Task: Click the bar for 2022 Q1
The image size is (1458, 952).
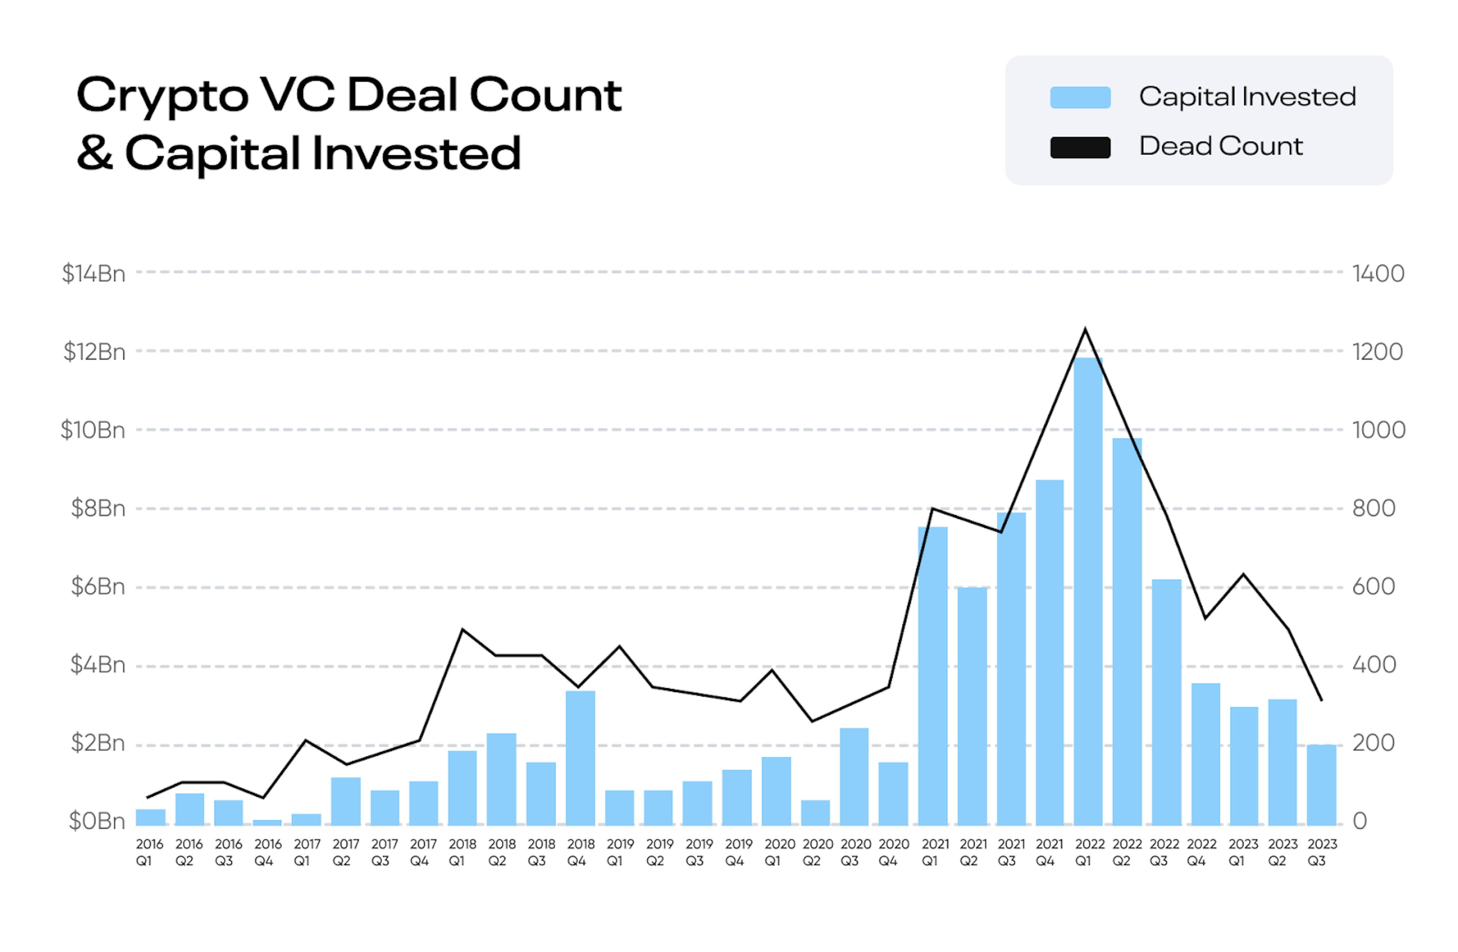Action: pyautogui.click(x=1087, y=591)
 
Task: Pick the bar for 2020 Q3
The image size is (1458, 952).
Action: pyautogui.click(x=854, y=776)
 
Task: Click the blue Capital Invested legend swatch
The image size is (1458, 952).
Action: pyautogui.click(x=1080, y=98)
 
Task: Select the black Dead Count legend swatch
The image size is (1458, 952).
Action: pyautogui.click(x=1080, y=148)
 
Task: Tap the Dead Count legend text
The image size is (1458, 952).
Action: pyautogui.click(x=1220, y=147)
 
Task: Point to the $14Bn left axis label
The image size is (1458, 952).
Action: pyautogui.click(x=94, y=273)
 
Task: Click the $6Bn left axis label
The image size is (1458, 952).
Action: pyautogui.click(x=98, y=587)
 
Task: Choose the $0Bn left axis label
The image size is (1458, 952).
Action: pyautogui.click(x=97, y=821)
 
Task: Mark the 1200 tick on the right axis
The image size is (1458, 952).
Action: pyautogui.click(x=1377, y=352)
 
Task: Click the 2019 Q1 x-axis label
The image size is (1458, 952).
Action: pyautogui.click(x=620, y=852)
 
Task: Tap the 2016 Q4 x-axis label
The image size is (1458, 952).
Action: pyautogui.click(x=268, y=852)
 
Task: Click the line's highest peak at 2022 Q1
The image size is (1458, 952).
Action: pyautogui.click(x=1085, y=329)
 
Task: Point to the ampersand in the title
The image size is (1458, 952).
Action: pyautogui.click(x=95, y=153)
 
